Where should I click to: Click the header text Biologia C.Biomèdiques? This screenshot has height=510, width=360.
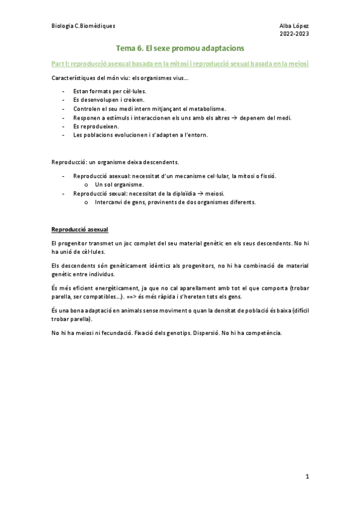coord(84,26)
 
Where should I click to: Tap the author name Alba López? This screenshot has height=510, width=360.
coord(294,26)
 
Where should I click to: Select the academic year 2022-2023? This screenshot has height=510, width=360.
coord(294,34)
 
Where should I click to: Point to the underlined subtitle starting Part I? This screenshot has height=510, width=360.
coord(184,63)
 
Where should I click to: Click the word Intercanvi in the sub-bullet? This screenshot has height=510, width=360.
coord(109,202)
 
